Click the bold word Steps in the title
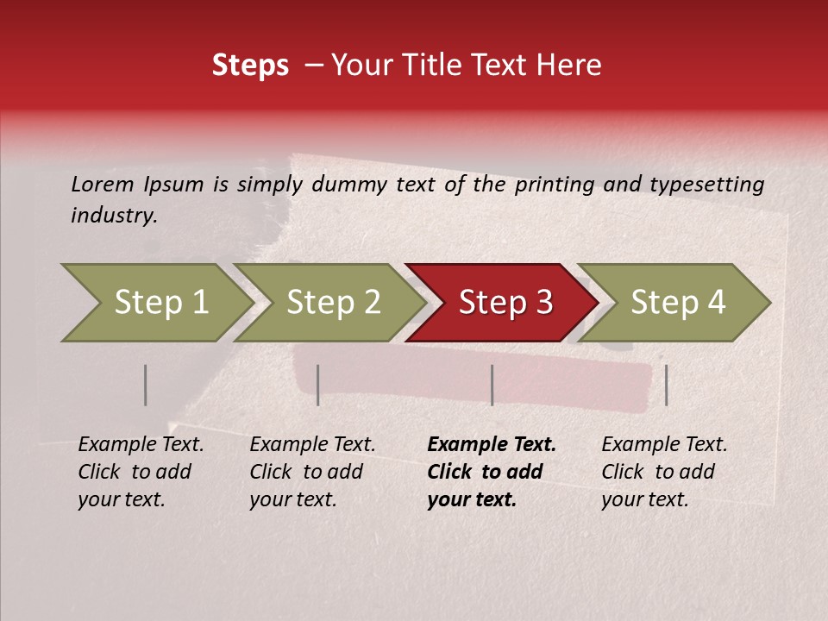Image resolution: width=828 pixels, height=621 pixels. tap(250, 66)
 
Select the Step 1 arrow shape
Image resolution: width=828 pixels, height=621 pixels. tap(155, 302)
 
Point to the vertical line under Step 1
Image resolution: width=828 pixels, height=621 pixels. tap(145, 385)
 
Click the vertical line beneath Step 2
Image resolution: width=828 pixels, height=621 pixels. tap(317, 385)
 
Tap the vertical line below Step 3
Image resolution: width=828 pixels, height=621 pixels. tap(492, 385)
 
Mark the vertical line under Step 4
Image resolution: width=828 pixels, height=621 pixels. tap(666, 385)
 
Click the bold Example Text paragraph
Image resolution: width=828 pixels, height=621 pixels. tap(491, 472)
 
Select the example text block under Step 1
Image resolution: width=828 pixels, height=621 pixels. tap(140, 472)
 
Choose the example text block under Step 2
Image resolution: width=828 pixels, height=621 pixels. tap(311, 472)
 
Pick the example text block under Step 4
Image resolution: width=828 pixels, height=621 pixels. tap(663, 472)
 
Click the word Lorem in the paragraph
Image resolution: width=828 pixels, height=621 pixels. tap(103, 184)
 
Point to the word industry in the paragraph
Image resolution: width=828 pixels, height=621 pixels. tap(113, 216)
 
